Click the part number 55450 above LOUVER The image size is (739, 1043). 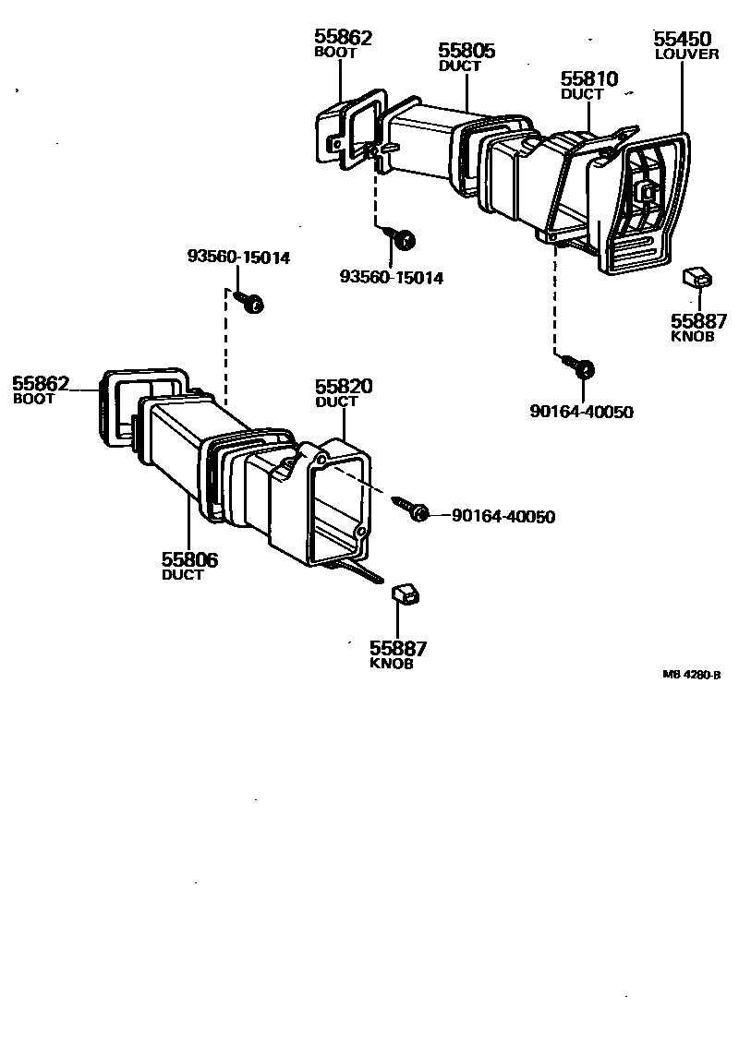coord(683,39)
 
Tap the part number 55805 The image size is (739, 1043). coord(466,51)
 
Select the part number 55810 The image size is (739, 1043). coord(588,79)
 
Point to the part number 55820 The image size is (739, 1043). coord(344,387)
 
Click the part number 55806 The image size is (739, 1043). coord(189,559)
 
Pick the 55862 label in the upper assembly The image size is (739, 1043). coord(343,38)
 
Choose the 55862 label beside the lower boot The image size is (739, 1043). coord(41,383)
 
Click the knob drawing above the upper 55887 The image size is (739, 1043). coord(697,277)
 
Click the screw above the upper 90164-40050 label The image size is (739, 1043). coord(585,369)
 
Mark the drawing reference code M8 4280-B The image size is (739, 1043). coord(691,675)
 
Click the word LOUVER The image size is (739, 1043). coord(686,54)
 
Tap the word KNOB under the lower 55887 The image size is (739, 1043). coord(391,664)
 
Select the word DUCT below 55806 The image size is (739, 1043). coord(182,574)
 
